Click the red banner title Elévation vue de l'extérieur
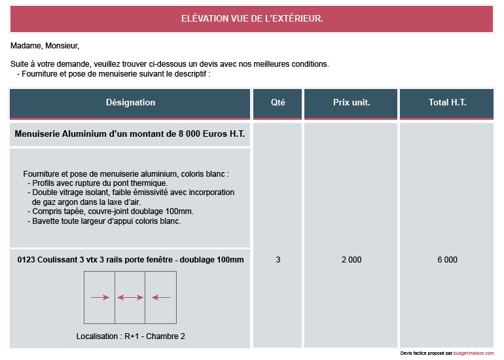click(252, 18)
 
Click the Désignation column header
click(130, 102)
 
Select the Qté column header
click(278, 102)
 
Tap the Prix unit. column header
click(351, 102)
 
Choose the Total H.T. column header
click(447, 102)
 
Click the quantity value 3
click(278, 260)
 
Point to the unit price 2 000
click(351, 260)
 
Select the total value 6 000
click(447, 260)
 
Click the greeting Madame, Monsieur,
click(45, 46)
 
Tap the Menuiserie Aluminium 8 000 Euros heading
click(130, 134)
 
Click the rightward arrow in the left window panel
click(99, 298)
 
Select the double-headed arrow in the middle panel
click(130, 298)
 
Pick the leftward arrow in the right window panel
click(160, 298)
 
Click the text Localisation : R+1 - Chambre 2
click(130, 336)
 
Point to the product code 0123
click(26, 260)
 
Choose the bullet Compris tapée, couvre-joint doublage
click(111, 211)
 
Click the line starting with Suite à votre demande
click(170, 64)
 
